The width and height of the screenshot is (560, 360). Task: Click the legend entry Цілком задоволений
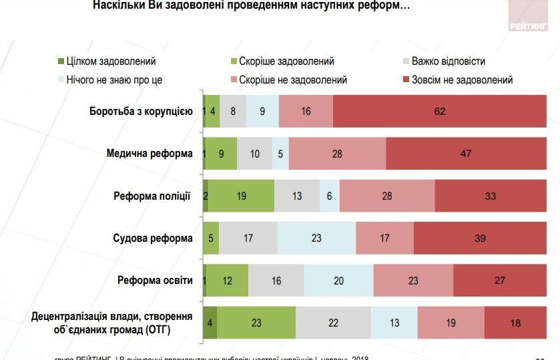click(110, 61)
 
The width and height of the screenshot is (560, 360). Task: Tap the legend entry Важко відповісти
click(447, 61)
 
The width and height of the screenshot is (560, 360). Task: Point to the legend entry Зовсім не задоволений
click(457, 79)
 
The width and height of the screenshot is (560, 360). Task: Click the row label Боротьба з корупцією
click(142, 111)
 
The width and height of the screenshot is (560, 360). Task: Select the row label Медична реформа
click(150, 153)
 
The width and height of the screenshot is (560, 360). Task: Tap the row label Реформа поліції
click(152, 196)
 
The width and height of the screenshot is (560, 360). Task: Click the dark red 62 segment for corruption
click(439, 111)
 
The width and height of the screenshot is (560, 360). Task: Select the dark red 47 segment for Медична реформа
click(466, 154)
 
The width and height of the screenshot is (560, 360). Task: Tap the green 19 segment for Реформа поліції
click(241, 196)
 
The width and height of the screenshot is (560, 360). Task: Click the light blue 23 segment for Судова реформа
click(316, 238)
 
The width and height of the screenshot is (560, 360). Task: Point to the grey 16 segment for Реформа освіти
click(276, 281)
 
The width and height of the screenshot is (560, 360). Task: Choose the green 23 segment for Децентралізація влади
click(256, 323)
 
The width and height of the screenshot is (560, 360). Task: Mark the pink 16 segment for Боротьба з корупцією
click(306, 111)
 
